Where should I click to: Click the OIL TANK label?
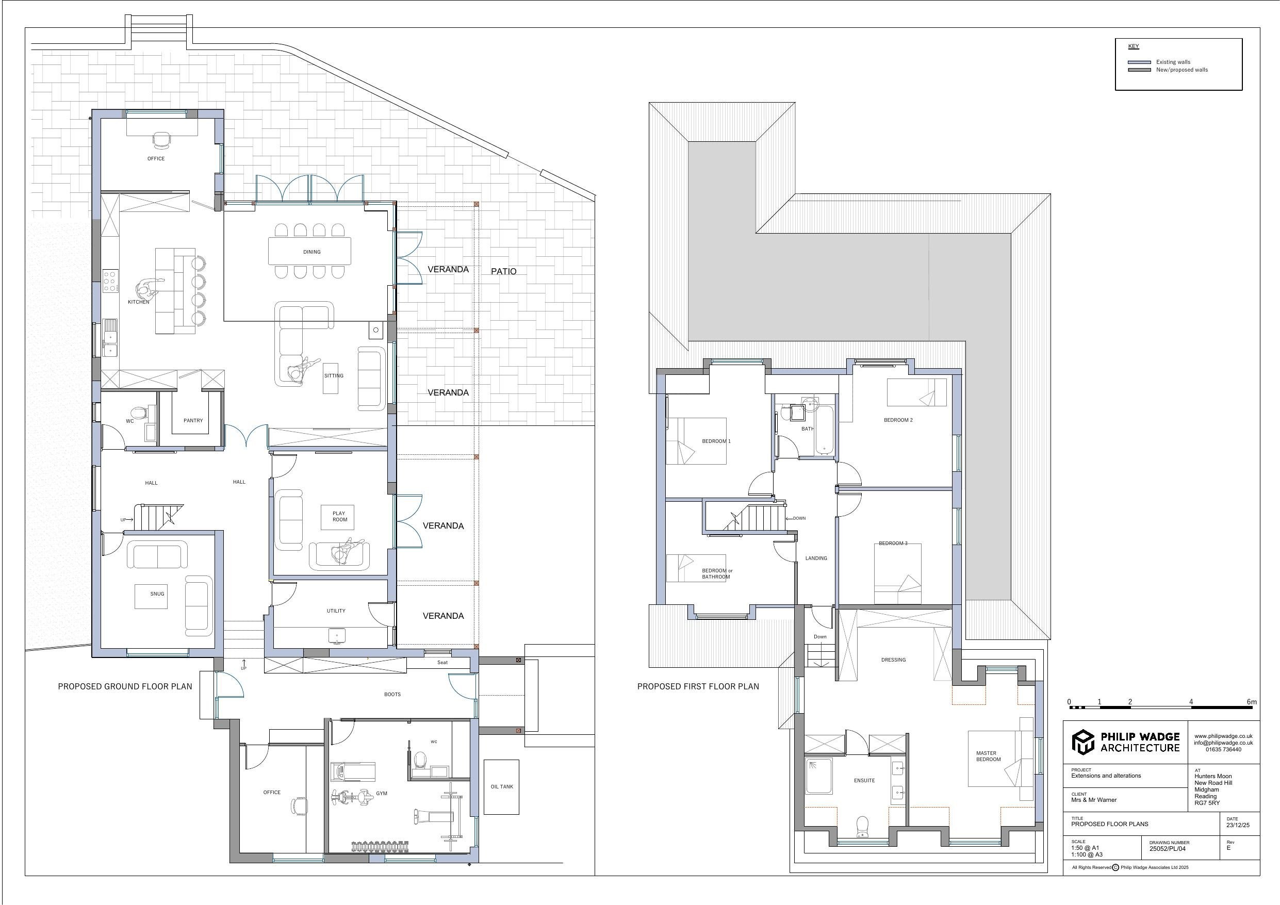(502, 787)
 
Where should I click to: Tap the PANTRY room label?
(193, 420)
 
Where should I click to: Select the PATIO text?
(503, 272)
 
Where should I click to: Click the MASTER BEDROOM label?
(988, 756)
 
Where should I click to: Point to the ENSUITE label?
(864, 781)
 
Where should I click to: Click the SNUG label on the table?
(157, 594)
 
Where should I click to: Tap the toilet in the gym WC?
(420, 760)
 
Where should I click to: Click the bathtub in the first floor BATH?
(824, 430)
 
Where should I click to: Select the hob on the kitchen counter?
(110, 281)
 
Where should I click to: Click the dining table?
(310, 251)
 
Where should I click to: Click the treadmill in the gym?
(353, 772)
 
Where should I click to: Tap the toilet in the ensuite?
(862, 827)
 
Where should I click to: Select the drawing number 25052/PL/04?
(1168, 849)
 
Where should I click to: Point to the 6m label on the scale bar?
(1252, 702)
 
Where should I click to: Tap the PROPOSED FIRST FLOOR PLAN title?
(698, 686)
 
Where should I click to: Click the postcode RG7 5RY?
(1207, 803)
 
